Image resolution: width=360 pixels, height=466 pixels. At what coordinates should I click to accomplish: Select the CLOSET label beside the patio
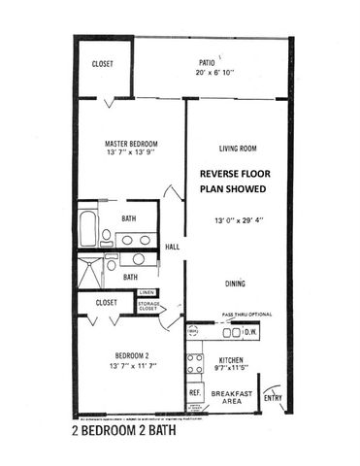pyautogui.click(x=102, y=64)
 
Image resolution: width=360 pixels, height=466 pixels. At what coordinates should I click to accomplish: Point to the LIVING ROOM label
pyautogui.click(x=237, y=149)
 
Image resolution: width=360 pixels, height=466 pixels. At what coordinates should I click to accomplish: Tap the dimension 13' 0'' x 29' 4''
pyautogui.click(x=238, y=220)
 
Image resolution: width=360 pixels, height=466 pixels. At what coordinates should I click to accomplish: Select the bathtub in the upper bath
pyautogui.click(x=88, y=226)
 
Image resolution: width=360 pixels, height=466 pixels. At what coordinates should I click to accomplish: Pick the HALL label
pyautogui.click(x=173, y=247)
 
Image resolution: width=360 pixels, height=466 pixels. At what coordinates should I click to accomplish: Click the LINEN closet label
pyautogui.click(x=146, y=292)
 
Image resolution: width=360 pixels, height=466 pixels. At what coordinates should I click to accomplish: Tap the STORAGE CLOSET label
pyautogui.click(x=148, y=309)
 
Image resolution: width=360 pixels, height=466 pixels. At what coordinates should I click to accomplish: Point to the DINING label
pyautogui.click(x=234, y=284)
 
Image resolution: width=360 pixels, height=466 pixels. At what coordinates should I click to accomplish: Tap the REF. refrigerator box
pyautogui.click(x=194, y=393)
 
